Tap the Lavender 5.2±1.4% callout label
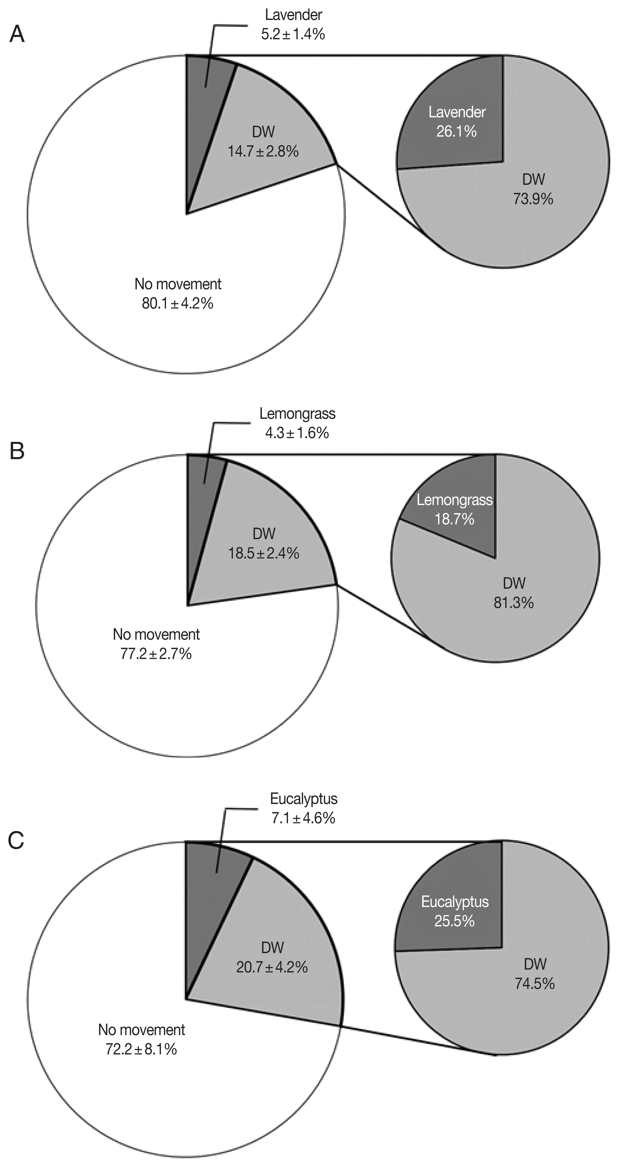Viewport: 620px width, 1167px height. (x=293, y=25)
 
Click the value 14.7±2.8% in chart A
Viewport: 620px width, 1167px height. (x=263, y=151)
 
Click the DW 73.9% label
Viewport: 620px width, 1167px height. (x=533, y=189)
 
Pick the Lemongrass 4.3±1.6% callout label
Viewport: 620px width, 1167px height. (x=297, y=423)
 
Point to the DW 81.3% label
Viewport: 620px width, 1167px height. (x=514, y=593)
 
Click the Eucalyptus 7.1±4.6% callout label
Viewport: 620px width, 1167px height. (x=303, y=808)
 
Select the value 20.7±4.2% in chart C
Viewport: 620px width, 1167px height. (x=272, y=967)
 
